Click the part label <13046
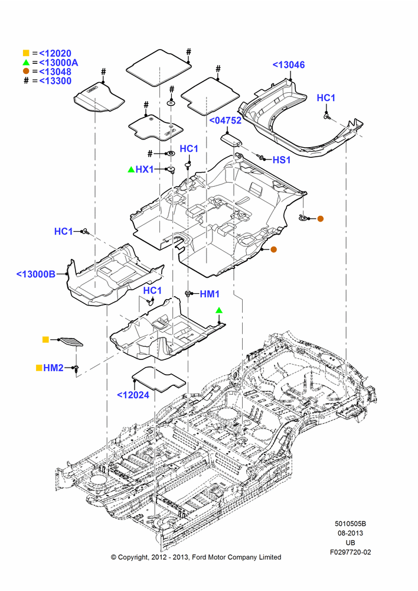click(x=289, y=65)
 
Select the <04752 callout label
click(x=225, y=121)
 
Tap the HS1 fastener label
click(x=281, y=160)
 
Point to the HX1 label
click(x=144, y=170)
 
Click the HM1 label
click(x=210, y=294)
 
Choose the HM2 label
click(x=53, y=368)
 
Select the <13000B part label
click(x=36, y=274)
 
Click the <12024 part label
click(x=133, y=395)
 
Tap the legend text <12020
click(x=55, y=54)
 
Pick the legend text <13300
click(x=55, y=80)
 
